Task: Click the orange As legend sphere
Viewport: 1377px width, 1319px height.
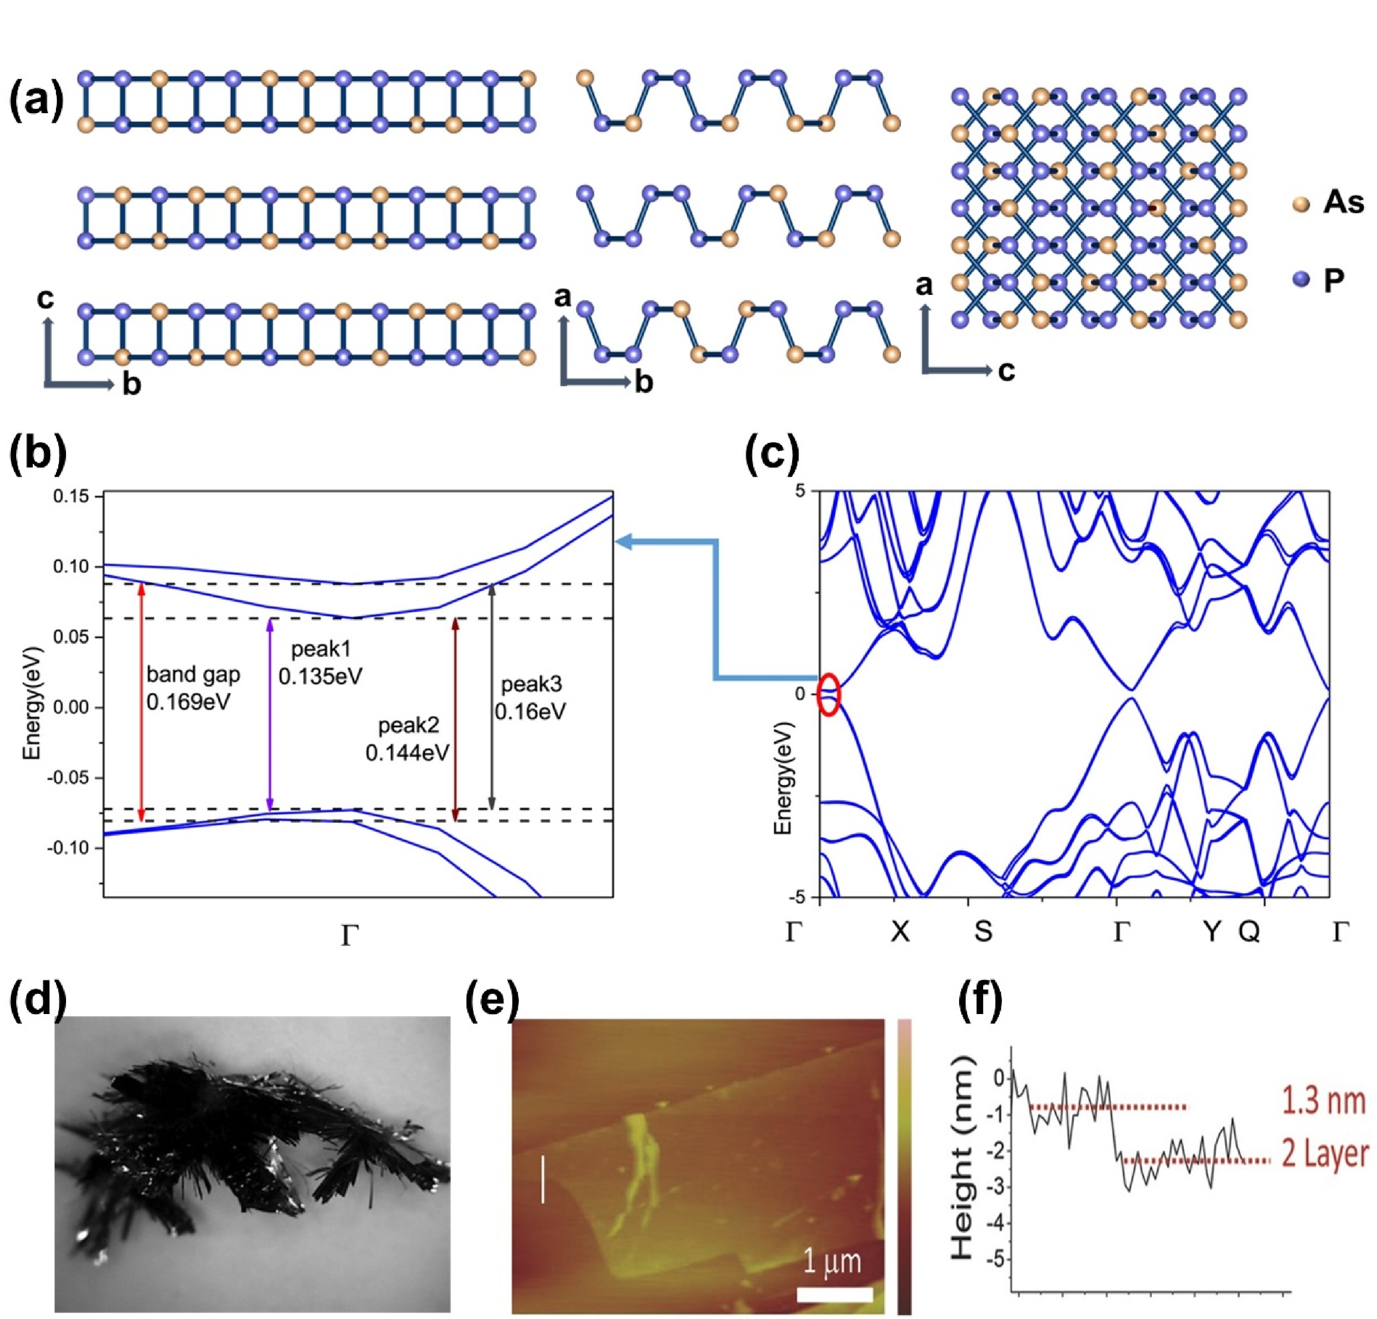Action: (1301, 205)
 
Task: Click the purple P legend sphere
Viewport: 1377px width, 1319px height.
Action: (1301, 280)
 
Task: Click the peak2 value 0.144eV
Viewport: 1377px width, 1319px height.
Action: (407, 752)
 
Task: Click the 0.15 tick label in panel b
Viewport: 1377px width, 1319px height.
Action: (71, 497)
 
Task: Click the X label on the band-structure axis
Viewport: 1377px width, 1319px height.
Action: (900, 932)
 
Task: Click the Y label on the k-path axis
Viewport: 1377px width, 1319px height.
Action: (1211, 932)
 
